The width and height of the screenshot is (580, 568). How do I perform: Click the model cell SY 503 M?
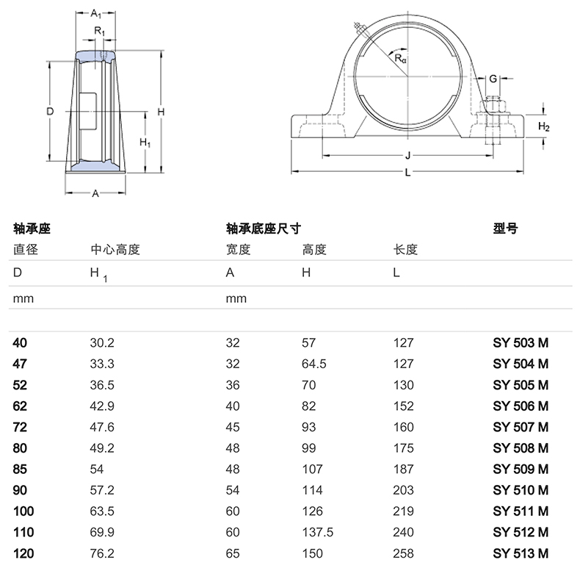tap(521, 343)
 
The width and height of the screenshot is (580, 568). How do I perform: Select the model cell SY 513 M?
tap(521, 553)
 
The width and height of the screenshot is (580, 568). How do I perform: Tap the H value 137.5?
tap(317, 533)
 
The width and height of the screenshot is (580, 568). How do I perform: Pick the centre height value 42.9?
tap(102, 406)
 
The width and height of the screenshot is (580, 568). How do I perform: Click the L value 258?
tap(403, 553)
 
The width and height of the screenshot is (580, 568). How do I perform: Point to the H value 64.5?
tap(314, 364)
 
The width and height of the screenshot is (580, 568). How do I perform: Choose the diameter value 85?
tap(20, 470)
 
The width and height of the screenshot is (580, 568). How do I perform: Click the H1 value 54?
tap(96, 470)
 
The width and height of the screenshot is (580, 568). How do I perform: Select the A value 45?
tap(233, 428)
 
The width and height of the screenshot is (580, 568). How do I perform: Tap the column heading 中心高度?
tap(115, 250)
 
